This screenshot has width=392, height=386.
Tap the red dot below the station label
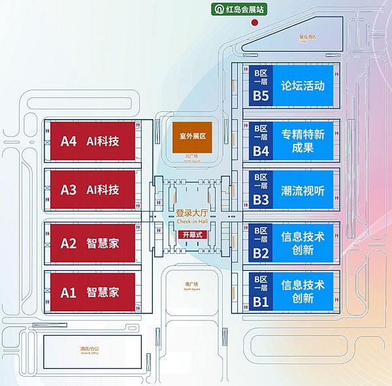point(255,22)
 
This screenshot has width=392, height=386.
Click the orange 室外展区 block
point(193,136)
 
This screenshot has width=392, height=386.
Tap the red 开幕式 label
point(193,234)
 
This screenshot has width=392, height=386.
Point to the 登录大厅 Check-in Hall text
point(192,217)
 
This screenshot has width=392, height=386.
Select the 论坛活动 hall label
point(302,86)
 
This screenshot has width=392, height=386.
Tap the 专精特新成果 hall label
point(302,141)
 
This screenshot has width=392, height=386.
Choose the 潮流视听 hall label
point(302,190)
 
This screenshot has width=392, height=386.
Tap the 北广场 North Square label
point(192,157)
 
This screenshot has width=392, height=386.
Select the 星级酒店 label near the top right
point(307,37)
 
